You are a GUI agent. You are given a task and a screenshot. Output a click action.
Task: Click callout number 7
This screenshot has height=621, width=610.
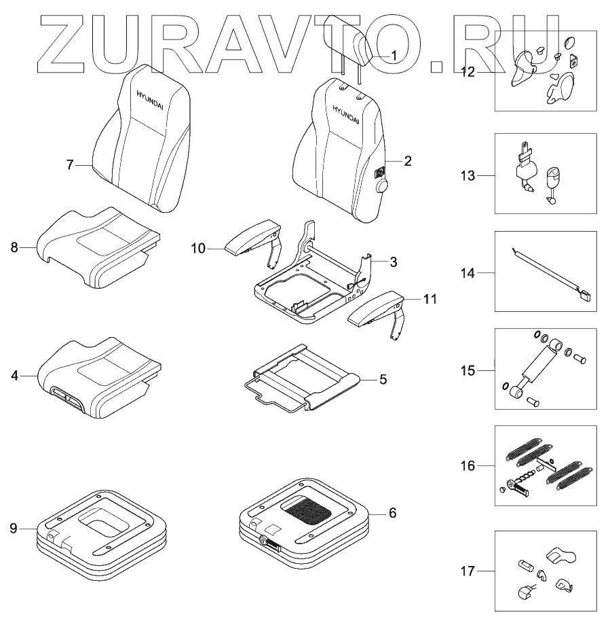point(70,165)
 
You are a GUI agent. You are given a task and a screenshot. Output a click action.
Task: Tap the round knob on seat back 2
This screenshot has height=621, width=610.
point(381,185)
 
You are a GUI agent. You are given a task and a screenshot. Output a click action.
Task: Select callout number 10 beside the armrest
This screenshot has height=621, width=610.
point(198,249)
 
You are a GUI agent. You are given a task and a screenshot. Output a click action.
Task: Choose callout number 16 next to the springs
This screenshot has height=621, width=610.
point(467,465)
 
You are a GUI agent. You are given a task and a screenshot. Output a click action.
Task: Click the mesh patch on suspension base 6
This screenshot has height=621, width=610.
point(309,508)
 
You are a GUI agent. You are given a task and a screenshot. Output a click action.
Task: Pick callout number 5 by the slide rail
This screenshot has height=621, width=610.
point(383,379)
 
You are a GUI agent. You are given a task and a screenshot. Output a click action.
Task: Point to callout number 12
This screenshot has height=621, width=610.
point(467,71)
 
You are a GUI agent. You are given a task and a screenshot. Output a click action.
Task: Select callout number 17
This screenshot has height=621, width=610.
point(467,571)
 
